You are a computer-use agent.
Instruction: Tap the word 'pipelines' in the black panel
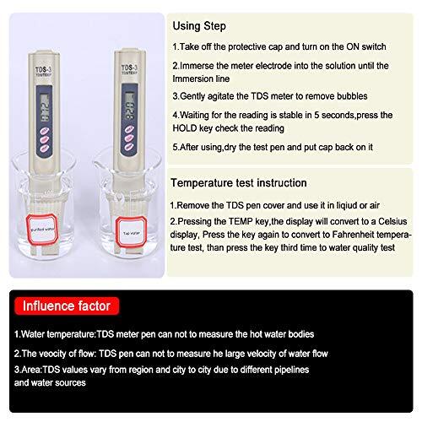[343, 370]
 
